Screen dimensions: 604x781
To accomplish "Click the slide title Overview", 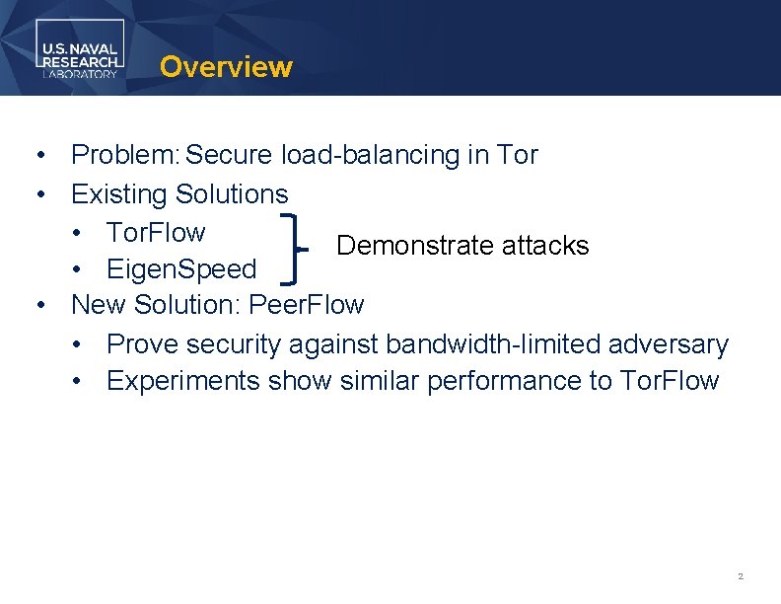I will (226, 67).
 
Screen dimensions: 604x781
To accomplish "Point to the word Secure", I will (230, 155).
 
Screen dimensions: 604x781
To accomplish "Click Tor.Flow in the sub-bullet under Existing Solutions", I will (156, 233).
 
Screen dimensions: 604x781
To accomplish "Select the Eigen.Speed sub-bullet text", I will (181, 269).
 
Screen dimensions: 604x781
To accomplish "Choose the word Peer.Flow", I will (307, 305).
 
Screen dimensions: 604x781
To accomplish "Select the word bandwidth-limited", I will (493, 344).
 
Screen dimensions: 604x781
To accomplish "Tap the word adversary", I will (669, 344).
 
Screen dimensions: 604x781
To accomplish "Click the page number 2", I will (740, 575).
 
